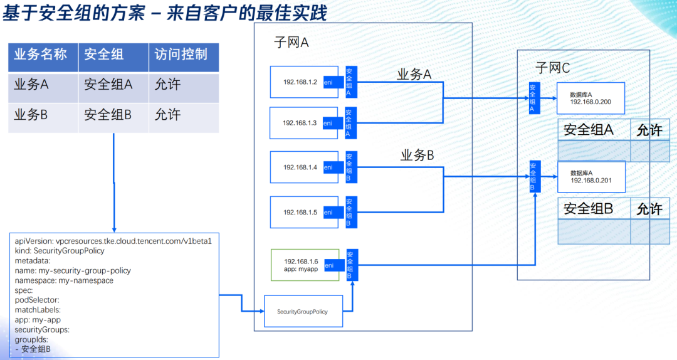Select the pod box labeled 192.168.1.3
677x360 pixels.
point(295,123)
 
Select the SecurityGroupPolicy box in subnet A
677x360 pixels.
point(303,311)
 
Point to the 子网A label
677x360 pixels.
point(291,43)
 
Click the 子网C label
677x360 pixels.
point(552,68)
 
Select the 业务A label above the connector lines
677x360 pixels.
point(414,75)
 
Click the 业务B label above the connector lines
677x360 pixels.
point(417,156)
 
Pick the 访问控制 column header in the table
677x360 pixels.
point(181,55)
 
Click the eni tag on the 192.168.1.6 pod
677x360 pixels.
point(329,266)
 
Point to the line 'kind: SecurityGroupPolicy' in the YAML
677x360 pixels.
point(60,250)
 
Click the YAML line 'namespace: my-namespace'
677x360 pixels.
point(64,280)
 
